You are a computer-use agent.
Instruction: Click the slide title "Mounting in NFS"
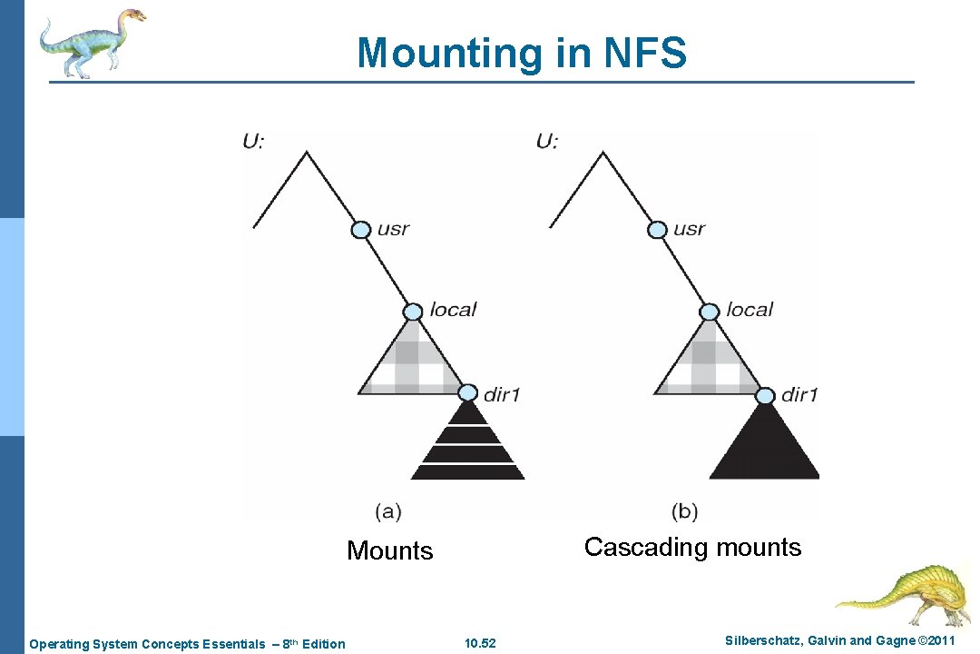pos(522,53)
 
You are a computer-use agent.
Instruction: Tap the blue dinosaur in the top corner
pos(90,42)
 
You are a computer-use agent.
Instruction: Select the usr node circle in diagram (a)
pos(361,230)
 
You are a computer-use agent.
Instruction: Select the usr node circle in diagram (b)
pos(657,230)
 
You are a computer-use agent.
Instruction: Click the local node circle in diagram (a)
pos(413,312)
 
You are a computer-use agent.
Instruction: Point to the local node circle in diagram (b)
pos(710,312)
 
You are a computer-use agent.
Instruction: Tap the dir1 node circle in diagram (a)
pos(467,393)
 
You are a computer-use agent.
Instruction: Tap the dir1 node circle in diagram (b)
pos(765,395)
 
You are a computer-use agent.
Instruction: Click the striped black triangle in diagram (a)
pos(468,445)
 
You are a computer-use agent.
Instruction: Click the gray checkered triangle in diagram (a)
pos(410,363)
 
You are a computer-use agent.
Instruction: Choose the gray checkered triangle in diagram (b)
pos(707,363)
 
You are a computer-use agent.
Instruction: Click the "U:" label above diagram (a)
pos(253,141)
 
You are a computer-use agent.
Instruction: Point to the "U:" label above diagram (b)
pos(547,141)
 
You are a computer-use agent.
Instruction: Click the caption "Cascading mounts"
pos(692,547)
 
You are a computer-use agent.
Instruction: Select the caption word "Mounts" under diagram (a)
pos(390,550)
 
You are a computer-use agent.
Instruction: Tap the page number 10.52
pos(480,644)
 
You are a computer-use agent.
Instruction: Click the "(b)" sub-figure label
pos(685,511)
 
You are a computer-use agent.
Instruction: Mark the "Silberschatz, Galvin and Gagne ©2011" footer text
pos(839,641)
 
